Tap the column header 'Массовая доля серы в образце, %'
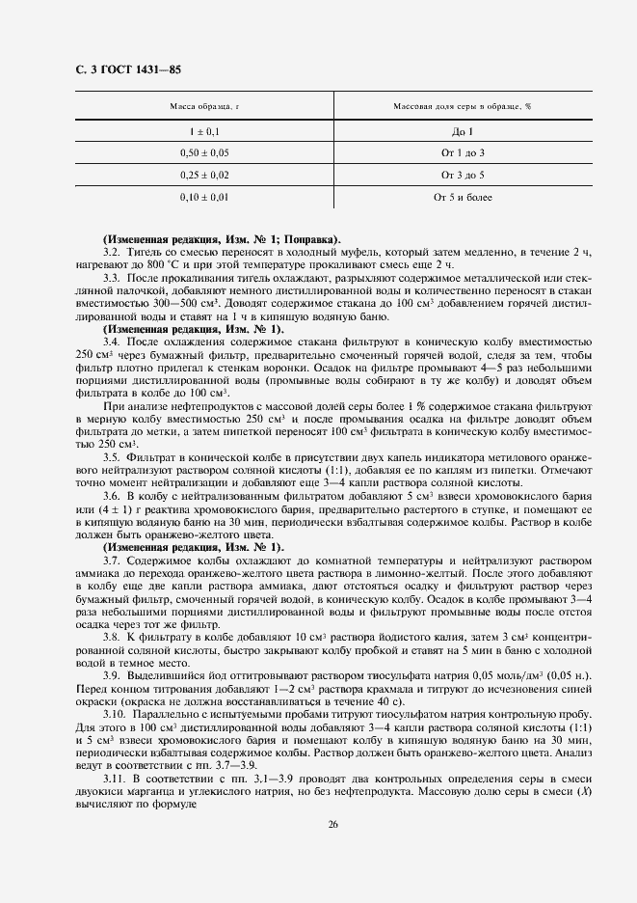point(463,106)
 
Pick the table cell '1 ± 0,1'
point(204,130)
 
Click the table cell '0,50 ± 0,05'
point(204,152)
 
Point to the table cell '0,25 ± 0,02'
point(204,175)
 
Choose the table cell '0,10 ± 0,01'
point(204,197)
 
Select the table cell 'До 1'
point(463,130)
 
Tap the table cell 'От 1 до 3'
point(463,152)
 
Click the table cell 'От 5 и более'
point(463,197)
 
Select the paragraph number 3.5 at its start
point(111,456)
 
